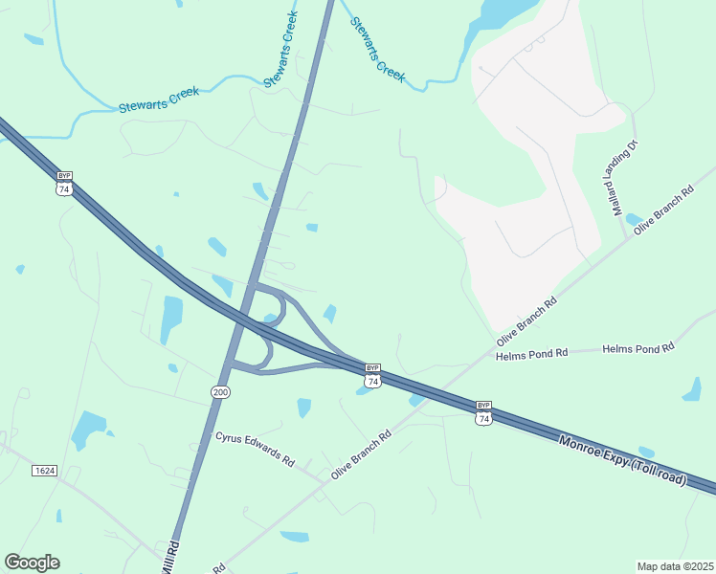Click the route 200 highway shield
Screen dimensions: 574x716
click(220, 391)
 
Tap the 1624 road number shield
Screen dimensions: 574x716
click(43, 470)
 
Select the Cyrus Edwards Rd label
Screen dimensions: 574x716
click(255, 449)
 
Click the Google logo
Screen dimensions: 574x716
click(32, 563)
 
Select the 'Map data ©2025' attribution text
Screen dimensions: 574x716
click(675, 566)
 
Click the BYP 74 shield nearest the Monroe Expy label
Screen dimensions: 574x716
click(484, 412)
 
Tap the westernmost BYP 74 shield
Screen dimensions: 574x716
click(64, 183)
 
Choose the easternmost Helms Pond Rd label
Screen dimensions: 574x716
click(638, 349)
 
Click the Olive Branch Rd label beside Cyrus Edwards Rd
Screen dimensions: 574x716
click(361, 454)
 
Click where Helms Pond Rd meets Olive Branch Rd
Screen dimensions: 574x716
click(488, 356)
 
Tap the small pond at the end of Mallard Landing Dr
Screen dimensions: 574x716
click(633, 220)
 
